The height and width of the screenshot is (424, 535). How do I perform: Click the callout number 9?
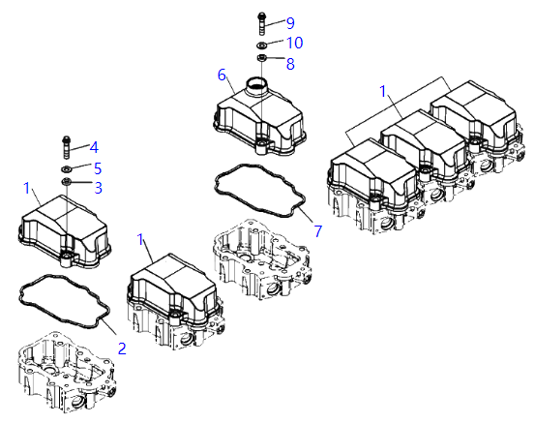pos(290,23)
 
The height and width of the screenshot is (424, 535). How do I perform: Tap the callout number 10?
pos(295,43)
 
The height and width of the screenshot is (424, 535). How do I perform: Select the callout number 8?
pos(290,64)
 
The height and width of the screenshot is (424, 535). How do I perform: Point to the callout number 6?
pos(222,76)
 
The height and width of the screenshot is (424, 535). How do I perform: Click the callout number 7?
pos(318,231)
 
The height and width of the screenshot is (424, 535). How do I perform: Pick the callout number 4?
pos(94,147)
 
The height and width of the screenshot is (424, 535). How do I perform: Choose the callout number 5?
pos(98,168)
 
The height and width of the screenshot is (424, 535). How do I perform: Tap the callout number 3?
pos(98,188)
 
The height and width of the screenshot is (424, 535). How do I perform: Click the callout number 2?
pos(122,348)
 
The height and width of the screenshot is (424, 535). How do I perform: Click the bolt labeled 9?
pos(262,24)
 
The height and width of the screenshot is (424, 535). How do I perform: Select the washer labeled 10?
pos(262,45)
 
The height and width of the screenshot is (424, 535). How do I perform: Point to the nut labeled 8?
pos(262,58)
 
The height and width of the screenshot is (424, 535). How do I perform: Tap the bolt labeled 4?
pos(67,147)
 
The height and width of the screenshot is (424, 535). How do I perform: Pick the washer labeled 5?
pos(66,169)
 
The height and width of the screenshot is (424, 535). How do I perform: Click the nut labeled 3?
pos(66,182)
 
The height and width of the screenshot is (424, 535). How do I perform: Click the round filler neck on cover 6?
pos(255,85)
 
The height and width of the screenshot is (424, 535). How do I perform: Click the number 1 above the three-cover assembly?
pos(383,92)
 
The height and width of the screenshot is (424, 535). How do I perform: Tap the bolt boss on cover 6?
pos(262,145)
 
